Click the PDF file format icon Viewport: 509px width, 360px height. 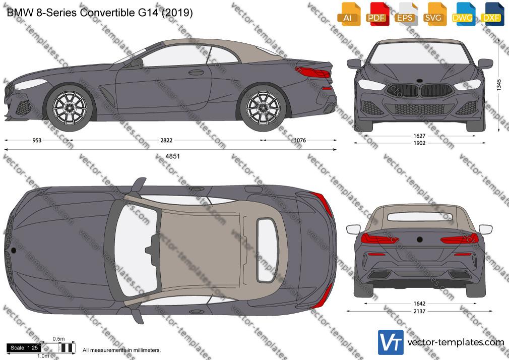coord(377,14)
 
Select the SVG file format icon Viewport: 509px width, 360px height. coord(434,14)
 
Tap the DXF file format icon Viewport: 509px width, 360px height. coord(492,14)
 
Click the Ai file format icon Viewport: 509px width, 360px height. coord(349,14)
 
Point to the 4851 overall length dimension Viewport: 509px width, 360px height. coord(172,156)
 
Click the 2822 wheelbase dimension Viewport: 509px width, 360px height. coord(166,140)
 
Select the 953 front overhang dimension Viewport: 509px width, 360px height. coord(37,140)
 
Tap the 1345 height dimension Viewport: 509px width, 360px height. coord(499,85)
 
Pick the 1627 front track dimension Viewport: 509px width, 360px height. coord(419,136)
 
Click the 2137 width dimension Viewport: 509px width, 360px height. coord(419,311)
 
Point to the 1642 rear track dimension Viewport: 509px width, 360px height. coord(419,304)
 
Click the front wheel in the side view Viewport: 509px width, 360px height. coord(70,107)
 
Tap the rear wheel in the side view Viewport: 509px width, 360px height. coord(263,107)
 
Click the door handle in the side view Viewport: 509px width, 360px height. coord(196,72)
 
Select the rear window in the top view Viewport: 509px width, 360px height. coord(268,250)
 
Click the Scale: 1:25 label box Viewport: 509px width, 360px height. coord(24,348)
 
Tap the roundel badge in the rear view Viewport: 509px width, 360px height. coord(419,240)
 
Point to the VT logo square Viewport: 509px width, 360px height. coord(391,342)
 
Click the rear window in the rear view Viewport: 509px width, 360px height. coord(419,217)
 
